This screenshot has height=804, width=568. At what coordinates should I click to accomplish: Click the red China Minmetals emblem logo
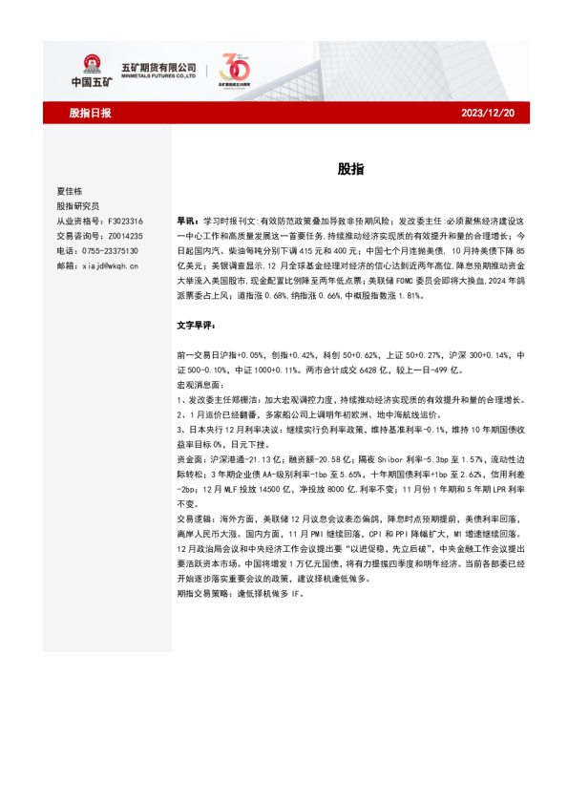[92, 65]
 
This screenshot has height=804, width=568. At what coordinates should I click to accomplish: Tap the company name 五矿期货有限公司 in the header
[158, 66]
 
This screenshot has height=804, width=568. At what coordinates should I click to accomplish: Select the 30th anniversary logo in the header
[233, 69]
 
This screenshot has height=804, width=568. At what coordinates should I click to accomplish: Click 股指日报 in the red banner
[90, 114]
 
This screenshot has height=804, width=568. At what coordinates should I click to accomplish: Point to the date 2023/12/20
[487, 114]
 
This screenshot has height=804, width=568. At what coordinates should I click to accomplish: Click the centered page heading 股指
[349, 169]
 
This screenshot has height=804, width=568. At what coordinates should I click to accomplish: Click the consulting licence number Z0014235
[121, 236]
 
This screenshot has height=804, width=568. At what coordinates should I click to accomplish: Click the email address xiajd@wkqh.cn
[111, 266]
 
